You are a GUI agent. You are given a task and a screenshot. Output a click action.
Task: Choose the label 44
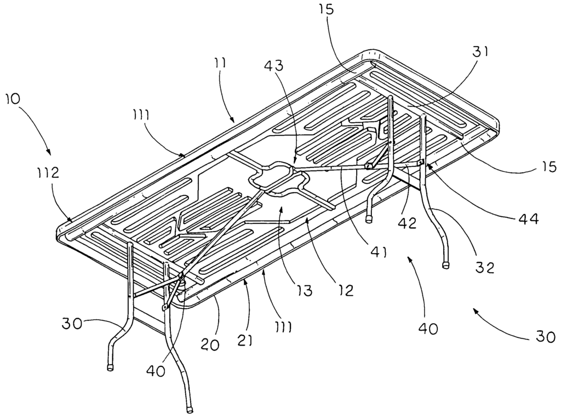click(526, 219)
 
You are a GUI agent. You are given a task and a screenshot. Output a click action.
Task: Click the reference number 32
click(485, 268)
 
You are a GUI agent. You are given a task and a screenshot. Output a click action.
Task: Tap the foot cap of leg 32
click(446, 266)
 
